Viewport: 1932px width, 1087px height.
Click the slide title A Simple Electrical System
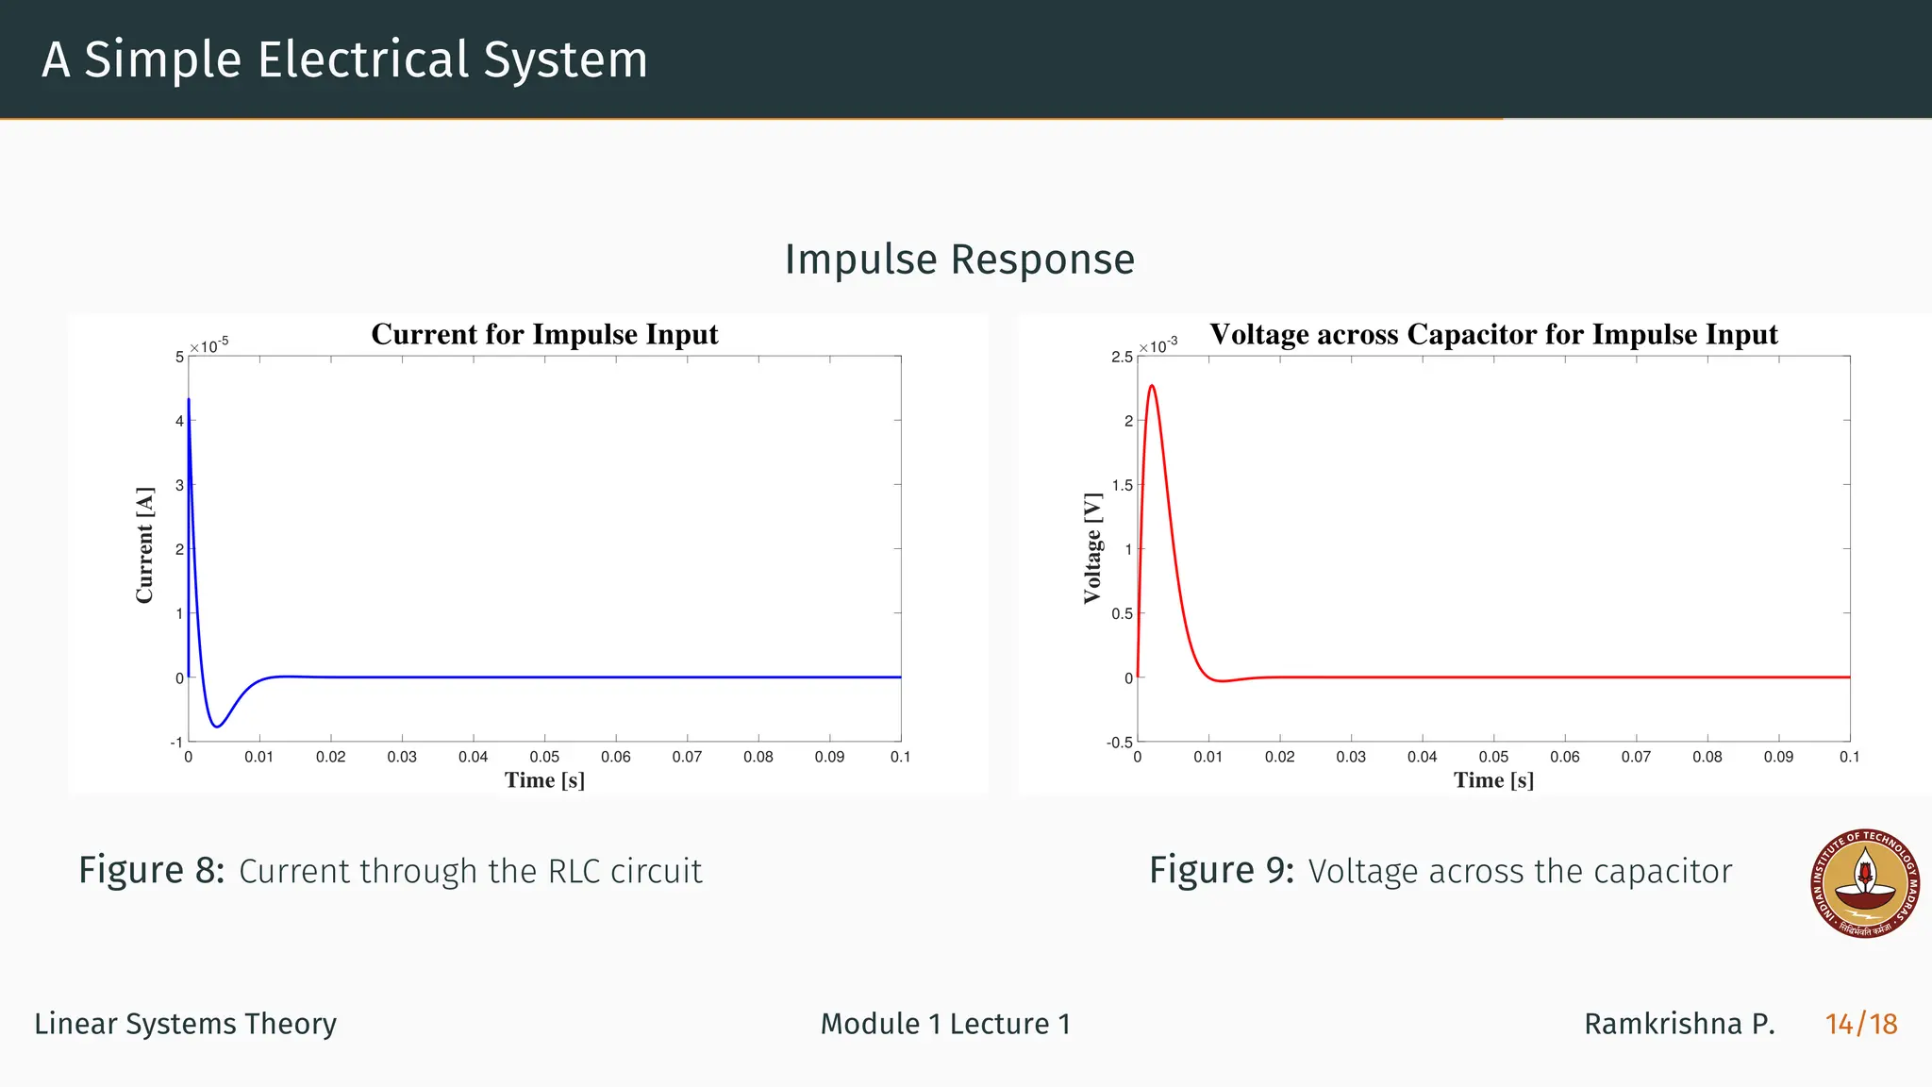[x=344, y=59]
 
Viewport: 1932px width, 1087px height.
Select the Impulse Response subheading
[x=959, y=259]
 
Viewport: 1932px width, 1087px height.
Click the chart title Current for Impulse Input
[x=544, y=334]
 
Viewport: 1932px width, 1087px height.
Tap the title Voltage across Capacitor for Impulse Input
[x=1493, y=334]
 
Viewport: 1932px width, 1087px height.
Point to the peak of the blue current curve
[x=189, y=400]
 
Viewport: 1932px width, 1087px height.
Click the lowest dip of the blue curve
[x=217, y=727]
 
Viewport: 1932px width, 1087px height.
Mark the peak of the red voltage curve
[x=1152, y=386]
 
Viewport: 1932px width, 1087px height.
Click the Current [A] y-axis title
[x=144, y=545]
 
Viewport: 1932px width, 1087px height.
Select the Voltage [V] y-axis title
[x=1092, y=547]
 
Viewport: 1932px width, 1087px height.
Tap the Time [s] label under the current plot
[x=544, y=780]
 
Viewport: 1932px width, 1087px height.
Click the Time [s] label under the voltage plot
[x=1493, y=780]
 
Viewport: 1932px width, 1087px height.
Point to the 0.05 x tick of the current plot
[x=544, y=757]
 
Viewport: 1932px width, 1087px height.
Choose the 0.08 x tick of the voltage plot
[x=1707, y=757]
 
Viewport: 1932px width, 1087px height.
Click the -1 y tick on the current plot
[x=176, y=743]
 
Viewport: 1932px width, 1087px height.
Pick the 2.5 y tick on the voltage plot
[x=1122, y=357]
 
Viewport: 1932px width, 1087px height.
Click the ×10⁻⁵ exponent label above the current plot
[x=209, y=345]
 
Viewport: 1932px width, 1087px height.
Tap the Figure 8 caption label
[x=151, y=870]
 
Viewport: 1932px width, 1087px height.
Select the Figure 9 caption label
[x=1222, y=870]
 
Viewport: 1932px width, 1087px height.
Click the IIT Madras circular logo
[x=1865, y=884]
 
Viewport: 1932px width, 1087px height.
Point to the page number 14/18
[x=1861, y=1024]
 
